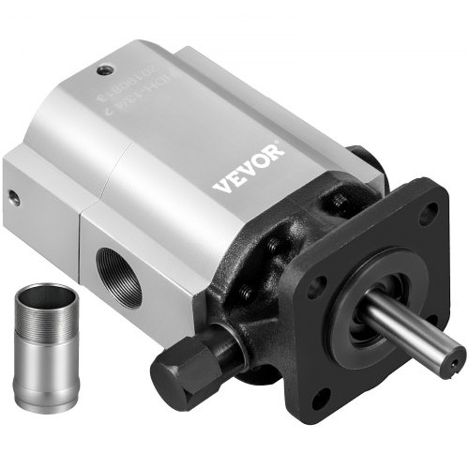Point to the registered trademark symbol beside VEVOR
(x=285, y=143)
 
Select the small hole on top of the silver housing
(x=104, y=70)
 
